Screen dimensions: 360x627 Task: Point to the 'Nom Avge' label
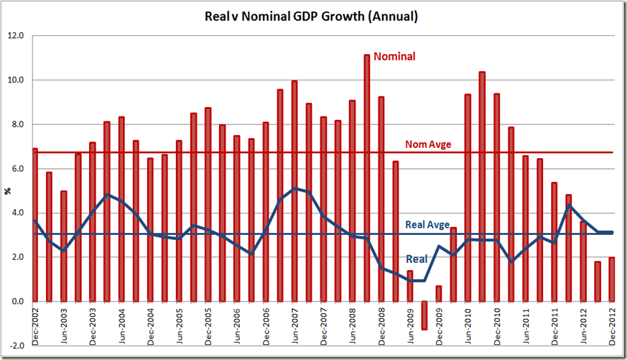click(429, 144)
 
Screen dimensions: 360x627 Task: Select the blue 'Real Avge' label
click(427, 225)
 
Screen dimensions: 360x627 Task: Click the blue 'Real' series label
click(417, 259)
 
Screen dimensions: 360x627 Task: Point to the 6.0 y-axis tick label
click(17, 169)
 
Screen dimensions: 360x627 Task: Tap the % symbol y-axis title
click(9, 191)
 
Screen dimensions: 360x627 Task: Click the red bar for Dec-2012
click(611, 280)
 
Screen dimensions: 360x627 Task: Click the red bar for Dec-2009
click(438, 294)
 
